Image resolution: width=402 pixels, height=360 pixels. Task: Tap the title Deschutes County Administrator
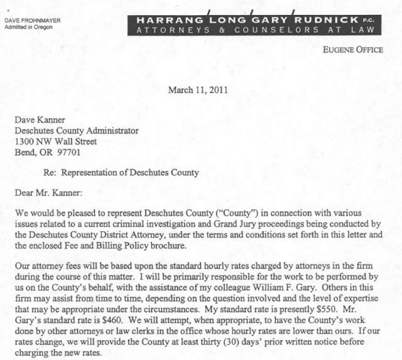pyautogui.click(x=80, y=130)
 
